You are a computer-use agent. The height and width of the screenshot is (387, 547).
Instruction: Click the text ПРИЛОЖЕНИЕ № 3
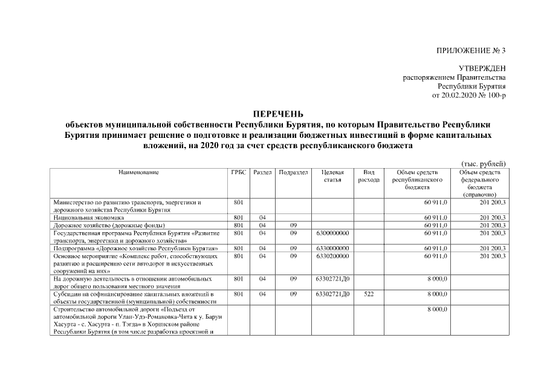tap(471, 50)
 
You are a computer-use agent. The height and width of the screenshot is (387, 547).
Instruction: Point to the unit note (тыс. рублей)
tap(483, 164)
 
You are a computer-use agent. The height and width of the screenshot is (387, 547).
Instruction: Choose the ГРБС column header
tap(239, 173)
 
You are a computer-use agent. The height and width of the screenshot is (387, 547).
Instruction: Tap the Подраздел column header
tap(293, 173)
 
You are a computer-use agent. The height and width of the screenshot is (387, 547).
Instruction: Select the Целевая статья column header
tap(332, 176)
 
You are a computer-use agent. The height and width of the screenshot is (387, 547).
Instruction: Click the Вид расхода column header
tap(368, 176)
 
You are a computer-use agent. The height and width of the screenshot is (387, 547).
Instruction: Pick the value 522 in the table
tap(368, 294)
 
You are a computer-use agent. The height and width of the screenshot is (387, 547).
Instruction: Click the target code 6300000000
tap(332, 233)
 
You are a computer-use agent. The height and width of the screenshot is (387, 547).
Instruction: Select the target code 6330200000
tap(332, 256)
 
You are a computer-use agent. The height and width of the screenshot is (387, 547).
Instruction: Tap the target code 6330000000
tap(332, 248)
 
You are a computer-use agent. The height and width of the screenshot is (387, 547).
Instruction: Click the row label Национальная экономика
tap(88, 217)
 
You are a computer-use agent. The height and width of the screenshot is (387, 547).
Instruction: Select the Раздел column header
tap(262, 173)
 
